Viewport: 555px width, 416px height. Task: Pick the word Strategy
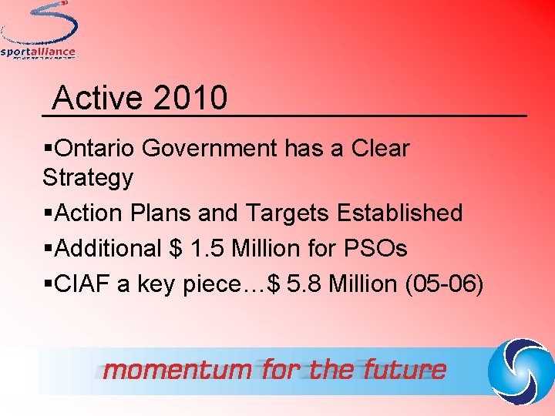point(88,178)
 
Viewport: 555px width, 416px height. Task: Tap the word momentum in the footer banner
point(178,370)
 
